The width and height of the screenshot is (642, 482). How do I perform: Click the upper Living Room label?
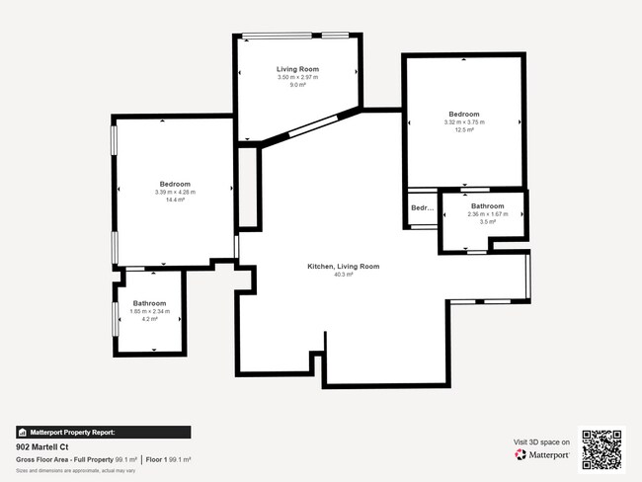[x=297, y=69]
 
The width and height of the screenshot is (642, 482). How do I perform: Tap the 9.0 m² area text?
[x=297, y=85]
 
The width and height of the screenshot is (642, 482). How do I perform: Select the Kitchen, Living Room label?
[x=343, y=267]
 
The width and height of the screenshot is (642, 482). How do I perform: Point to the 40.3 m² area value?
[x=343, y=275]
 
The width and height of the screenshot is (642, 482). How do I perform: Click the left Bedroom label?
[x=175, y=184]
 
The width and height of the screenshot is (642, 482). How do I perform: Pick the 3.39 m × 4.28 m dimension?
[x=175, y=192]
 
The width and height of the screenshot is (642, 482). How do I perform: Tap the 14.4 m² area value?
[x=175, y=200]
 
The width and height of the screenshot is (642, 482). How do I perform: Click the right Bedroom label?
[x=463, y=115]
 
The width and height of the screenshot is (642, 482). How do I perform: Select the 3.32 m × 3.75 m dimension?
[x=463, y=122]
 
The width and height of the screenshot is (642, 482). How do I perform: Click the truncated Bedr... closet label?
[x=423, y=208]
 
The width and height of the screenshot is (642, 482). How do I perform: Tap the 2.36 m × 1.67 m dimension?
[x=487, y=213]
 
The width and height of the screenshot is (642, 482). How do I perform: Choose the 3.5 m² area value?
[x=487, y=221]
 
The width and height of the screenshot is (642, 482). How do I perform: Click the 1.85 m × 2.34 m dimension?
[x=150, y=311]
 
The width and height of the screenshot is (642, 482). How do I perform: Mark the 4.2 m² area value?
[x=150, y=319]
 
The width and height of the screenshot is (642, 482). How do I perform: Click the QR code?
[x=602, y=448]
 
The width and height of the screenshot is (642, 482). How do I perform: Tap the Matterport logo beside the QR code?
[x=542, y=454]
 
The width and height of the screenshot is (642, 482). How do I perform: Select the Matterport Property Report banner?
[x=103, y=432]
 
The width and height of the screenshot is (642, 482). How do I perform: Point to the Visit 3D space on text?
[x=542, y=442]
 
